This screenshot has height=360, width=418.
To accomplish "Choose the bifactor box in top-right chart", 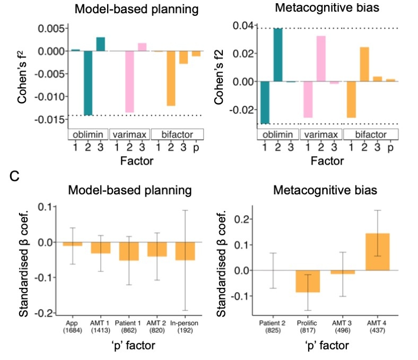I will [x=371, y=134].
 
